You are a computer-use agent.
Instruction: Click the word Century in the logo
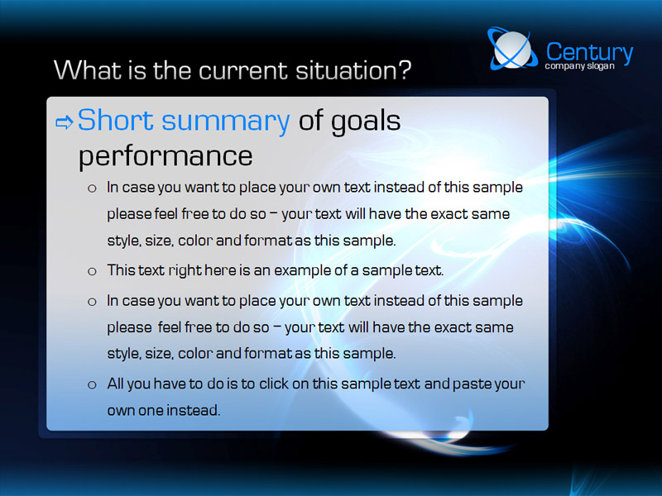pos(590,52)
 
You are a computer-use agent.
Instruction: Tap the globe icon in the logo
pos(512,49)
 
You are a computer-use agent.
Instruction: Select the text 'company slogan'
pos(579,66)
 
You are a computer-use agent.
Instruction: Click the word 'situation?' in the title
pos(353,70)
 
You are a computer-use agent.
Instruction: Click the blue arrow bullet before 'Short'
pos(65,122)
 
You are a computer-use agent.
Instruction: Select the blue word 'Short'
pos(115,120)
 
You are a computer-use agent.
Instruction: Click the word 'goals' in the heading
pos(365,122)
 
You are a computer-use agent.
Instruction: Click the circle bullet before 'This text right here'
pos(92,271)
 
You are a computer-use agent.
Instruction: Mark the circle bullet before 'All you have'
pos(92,384)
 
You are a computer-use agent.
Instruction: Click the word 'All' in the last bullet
pos(115,384)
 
